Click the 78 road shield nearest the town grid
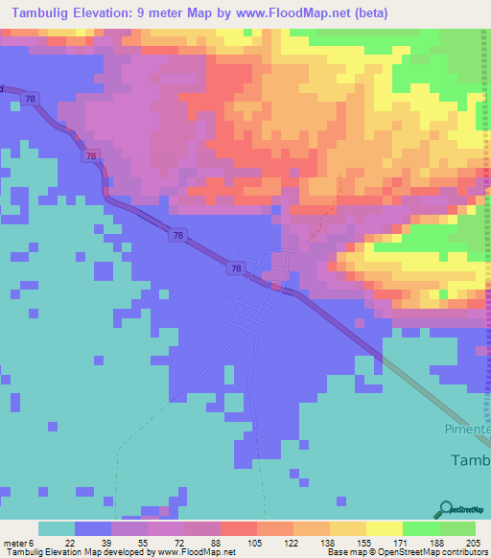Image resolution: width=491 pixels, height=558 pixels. [236, 269]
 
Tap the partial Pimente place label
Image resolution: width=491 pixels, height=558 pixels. [468, 431]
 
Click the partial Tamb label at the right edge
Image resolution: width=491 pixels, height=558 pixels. [470, 460]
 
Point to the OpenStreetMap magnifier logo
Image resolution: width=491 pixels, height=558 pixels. [447, 509]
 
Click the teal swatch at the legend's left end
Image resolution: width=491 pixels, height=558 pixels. [56, 528]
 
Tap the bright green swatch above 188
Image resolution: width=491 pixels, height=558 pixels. [420, 528]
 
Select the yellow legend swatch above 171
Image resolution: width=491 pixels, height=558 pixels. [384, 528]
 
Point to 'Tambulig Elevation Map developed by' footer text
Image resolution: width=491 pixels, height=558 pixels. [67, 553]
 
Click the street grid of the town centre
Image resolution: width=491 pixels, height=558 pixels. [251, 312]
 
